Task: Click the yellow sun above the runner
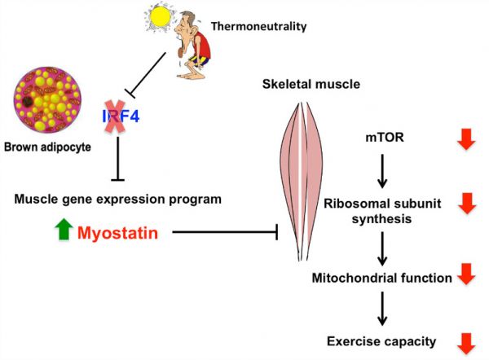point(160,17)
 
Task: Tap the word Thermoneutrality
point(259,26)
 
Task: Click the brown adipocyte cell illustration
point(47,100)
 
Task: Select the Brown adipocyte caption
point(47,147)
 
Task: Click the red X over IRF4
point(115,116)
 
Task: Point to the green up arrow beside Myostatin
point(64,229)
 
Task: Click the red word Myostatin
point(117,233)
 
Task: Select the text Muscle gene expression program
point(118,200)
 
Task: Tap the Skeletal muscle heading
point(311,84)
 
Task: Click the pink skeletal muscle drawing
point(301,182)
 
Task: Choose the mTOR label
point(385,137)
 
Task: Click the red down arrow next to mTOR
point(466,139)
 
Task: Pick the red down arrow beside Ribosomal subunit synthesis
point(467,204)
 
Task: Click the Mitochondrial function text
point(381,278)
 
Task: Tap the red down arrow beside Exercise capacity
point(466,344)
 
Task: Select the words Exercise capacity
point(381,341)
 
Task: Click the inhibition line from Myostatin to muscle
point(225,232)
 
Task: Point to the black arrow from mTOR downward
point(382,171)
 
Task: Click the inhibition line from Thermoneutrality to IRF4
point(145,75)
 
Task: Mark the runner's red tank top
point(202,45)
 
